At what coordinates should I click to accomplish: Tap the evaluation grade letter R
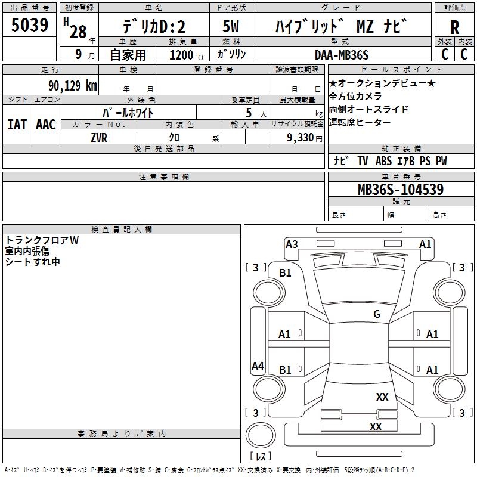[x=454, y=28]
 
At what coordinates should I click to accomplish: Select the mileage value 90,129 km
[x=73, y=86]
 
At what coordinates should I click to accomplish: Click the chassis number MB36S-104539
[x=400, y=190]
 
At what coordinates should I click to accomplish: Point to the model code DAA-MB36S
[x=342, y=55]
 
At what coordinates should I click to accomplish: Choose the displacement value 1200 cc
[x=182, y=55]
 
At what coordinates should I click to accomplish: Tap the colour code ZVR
[x=99, y=137]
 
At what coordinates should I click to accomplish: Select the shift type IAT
[x=17, y=124]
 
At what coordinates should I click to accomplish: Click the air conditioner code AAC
[x=46, y=124]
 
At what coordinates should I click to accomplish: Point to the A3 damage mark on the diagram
[x=292, y=244]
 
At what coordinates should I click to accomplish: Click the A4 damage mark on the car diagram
[x=258, y=366]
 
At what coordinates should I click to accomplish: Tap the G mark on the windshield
[x=377, y=314]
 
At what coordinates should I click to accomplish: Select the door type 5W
[x=231, y=27]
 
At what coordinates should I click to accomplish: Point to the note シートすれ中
[x=33, y=261]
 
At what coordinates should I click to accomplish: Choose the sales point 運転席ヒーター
[x=360, y=122]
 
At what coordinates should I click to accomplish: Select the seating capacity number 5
[x=248, y=112]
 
